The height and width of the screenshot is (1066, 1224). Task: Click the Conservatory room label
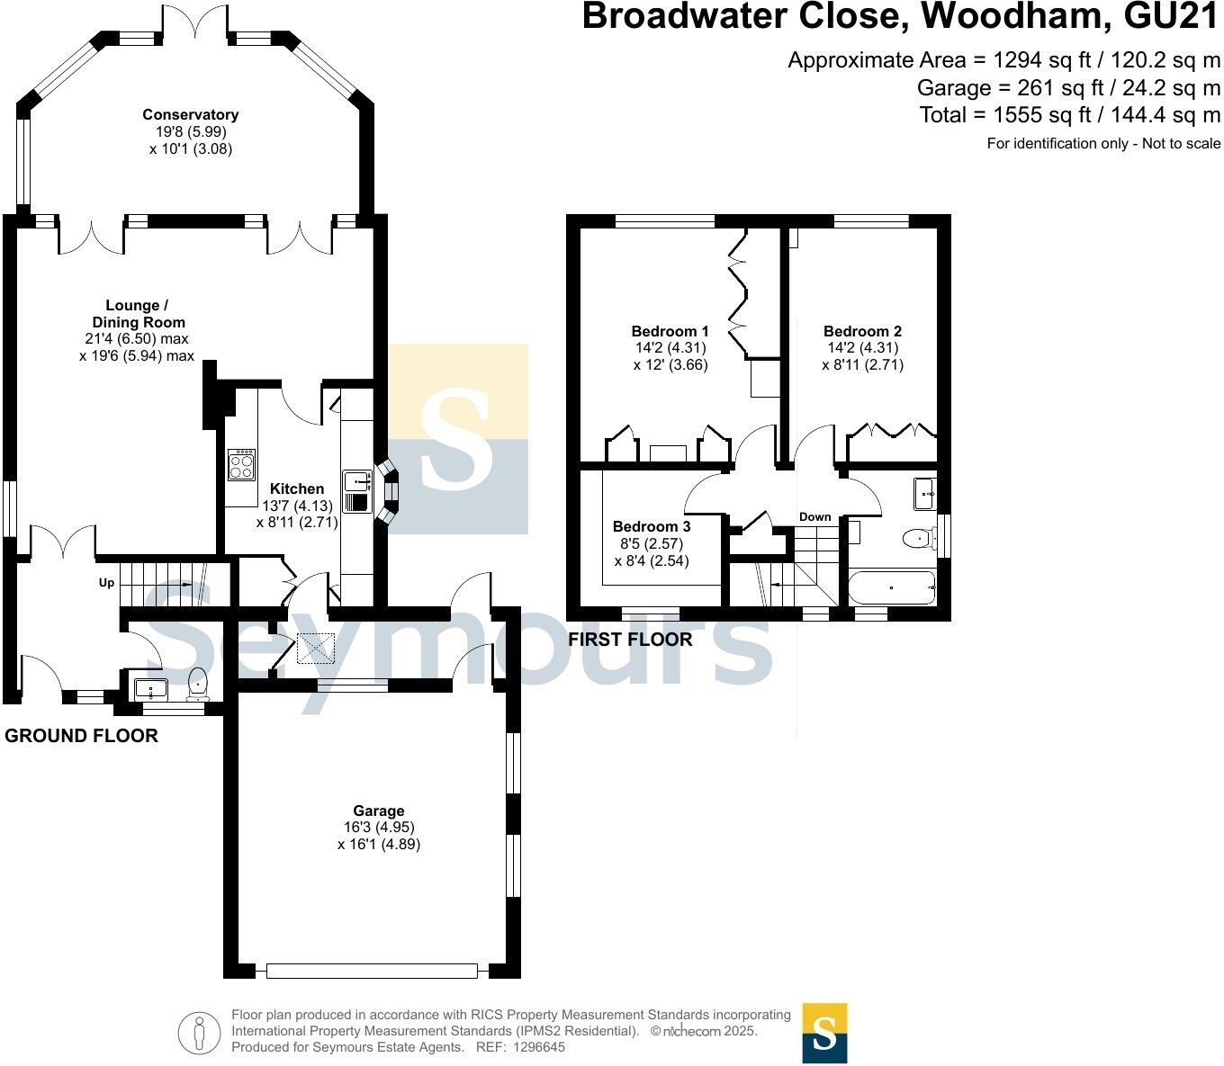pos(190,114)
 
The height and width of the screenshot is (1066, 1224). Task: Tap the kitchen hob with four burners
pos(242,464)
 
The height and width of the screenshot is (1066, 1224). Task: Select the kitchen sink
pos(357,491)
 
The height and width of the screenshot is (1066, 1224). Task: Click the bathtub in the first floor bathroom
pos(892,587)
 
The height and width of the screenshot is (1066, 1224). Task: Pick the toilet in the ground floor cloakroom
pos(197,685)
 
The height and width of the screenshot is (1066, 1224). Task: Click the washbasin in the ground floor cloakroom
pos(151,689)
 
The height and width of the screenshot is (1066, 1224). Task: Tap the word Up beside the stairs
pos(106,582)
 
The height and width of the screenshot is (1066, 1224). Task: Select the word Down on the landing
pos(814,516)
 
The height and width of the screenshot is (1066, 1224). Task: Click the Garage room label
pos(379,811)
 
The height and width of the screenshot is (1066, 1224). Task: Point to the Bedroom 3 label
pos(652,527)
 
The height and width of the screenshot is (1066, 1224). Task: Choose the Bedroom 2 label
pos(862,331)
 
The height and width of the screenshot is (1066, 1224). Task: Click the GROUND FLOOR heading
pos(81,735)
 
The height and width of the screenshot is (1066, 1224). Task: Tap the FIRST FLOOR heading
pos(630,639)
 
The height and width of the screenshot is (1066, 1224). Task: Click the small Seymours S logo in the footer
pos(824,1033)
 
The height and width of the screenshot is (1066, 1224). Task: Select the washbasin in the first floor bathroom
pos(925,493)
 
